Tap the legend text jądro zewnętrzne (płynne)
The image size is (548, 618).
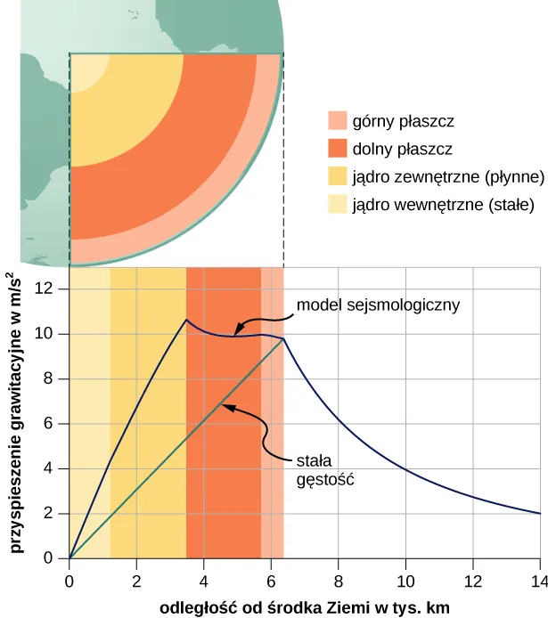[x=436, y=176]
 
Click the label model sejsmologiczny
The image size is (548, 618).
[x=378, y=305]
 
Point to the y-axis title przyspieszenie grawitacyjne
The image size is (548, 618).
[x=17, y=414]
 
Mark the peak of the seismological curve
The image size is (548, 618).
[x=186, y=320]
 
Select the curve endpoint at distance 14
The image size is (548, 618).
[x=540, y=514]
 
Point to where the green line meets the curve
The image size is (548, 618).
[x=283, y=338]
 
